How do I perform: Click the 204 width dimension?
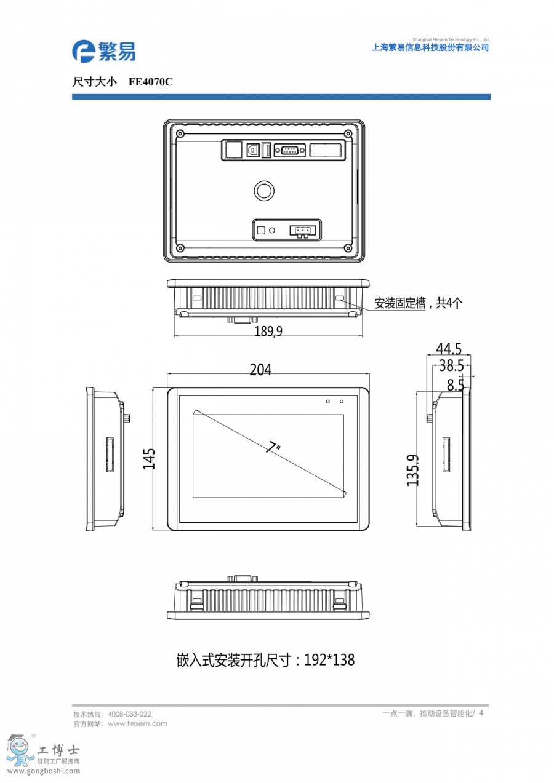tap(260, 370)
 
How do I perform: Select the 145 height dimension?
tap(149, 459)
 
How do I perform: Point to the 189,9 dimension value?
tap(268, 331)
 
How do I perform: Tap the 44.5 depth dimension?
tap(449, 349)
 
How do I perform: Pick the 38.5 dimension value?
tap(451, 365)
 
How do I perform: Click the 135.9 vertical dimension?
tap(412, 470)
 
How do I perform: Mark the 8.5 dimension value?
tap(456, 384)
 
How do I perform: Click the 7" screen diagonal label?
tap(273, 447)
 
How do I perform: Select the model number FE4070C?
tap(151, 82)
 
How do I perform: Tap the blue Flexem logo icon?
tap(83, 52)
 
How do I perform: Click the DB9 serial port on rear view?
tap(289, 150)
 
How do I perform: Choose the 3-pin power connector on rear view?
tap(302, 231)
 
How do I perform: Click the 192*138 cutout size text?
tap(329, 660)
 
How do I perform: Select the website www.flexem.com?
tap(137, 723)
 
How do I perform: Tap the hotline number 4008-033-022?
tap(130, 713)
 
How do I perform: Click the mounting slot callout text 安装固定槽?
tap(400, 303)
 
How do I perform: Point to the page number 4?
tap(481, 713)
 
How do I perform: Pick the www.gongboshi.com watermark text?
tap(44, 771)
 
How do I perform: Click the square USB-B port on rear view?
tap(252, 150)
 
